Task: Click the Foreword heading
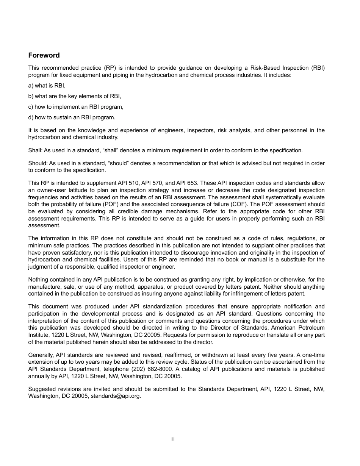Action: coord(44,55)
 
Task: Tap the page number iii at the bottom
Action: coord(172,439)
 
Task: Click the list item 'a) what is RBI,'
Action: coord(47,86)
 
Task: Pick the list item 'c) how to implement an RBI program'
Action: coord(76,107)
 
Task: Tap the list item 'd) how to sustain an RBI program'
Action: coord(72,117)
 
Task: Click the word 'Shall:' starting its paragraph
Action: coord(35,150)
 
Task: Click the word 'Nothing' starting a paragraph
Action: coord(38,280)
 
